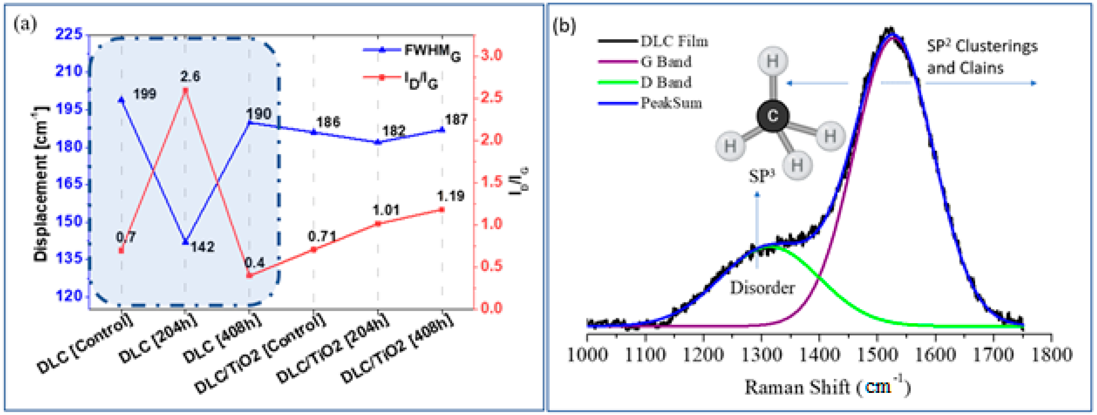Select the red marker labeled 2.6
(x=185, y=90)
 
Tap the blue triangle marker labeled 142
(x=185, y=241)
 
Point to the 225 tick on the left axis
(x=69, y=34)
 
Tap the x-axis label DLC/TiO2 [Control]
(x=260, y=353)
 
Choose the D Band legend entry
(x=666, y=82)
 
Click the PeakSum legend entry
(x=671, y=103)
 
